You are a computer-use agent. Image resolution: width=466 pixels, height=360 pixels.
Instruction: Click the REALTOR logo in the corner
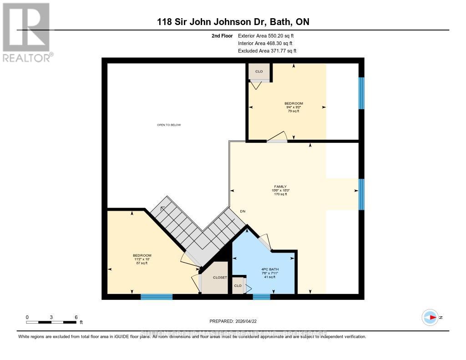(26, 32)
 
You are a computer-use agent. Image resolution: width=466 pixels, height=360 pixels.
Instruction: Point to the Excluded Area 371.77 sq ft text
(268, 51)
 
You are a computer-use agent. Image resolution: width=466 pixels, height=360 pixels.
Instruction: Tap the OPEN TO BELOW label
(169, 125)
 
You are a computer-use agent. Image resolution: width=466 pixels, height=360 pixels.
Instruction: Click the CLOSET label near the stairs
(220, 277)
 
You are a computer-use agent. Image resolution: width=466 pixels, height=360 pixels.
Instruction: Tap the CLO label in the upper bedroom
(258, 72)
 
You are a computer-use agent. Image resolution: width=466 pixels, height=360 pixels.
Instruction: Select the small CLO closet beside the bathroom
(238, 286)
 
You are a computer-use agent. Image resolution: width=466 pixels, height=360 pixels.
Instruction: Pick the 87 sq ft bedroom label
(142, 259)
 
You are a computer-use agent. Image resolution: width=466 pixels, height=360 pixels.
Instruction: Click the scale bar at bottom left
(51, 322)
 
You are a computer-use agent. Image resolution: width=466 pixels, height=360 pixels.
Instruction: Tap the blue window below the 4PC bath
(262, 297)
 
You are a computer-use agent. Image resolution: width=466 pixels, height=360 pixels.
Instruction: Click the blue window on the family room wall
(361, 194)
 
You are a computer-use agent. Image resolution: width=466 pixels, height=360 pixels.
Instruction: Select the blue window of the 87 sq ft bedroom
(157, 297)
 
